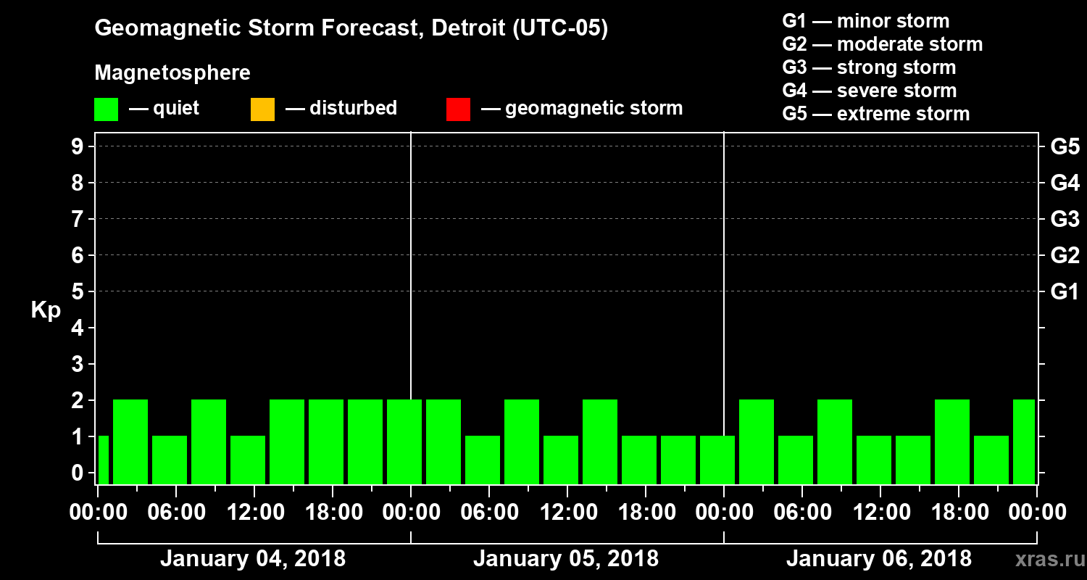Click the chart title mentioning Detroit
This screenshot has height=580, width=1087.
351,28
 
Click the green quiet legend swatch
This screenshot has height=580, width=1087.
106,109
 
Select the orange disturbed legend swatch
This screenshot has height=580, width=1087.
262,109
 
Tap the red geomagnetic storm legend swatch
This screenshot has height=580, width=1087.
458,109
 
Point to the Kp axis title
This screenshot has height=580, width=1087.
45,310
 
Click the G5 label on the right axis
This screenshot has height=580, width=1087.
1065,146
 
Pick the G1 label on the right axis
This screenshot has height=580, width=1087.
1065,291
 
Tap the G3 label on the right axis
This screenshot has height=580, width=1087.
1065,219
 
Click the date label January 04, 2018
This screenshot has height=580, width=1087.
252,559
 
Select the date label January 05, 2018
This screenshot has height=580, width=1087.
565,559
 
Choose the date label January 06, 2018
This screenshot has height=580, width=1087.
878,559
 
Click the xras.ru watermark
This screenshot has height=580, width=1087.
1045,560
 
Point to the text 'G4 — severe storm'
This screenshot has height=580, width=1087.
869,91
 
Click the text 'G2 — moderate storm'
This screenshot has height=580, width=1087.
882,44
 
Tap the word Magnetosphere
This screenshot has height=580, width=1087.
172,73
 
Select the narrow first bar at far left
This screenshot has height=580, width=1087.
103,460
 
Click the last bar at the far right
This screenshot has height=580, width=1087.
1024,442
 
